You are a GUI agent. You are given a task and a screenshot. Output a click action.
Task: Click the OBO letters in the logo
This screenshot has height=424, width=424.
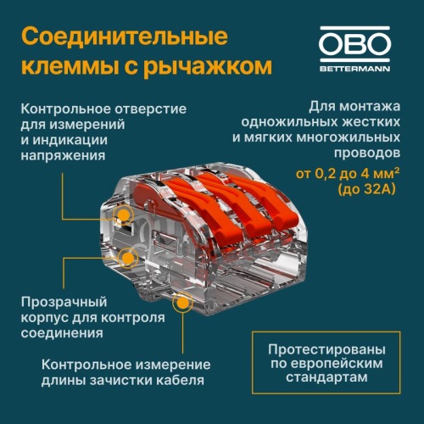(x=354, y=44)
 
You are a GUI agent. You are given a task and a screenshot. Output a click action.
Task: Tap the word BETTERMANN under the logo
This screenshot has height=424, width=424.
(x=354, y=69)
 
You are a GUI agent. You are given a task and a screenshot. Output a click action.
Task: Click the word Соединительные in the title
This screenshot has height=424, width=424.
(x=125, y=36)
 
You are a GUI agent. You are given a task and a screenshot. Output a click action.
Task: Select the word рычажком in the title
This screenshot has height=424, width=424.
(x=208, y=67)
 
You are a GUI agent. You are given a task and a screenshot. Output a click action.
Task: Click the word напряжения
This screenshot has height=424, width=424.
(x=63, y=156)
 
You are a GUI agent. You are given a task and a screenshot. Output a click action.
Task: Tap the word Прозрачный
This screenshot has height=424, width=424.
(x=64, y=302)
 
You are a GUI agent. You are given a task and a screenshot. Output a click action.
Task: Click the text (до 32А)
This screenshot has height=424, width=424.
(x=366, y=189)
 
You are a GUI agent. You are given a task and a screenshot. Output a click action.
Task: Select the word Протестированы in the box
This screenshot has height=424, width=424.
(x=326, y=349)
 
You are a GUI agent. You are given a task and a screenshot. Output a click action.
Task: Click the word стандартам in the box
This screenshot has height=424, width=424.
(x=326, y=377)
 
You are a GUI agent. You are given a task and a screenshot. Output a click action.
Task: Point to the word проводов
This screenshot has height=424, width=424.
(x=367, y=153)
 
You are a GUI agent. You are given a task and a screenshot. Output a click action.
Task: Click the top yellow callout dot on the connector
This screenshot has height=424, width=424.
(x=123, y=215)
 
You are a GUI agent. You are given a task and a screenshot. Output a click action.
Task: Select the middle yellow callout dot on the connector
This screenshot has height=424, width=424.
(x=128, y=257)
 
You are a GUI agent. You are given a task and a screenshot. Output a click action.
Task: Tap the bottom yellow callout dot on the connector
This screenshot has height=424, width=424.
(x=183, y=303)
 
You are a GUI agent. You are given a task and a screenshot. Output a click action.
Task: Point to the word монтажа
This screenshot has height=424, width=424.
(x=370, y=107)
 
